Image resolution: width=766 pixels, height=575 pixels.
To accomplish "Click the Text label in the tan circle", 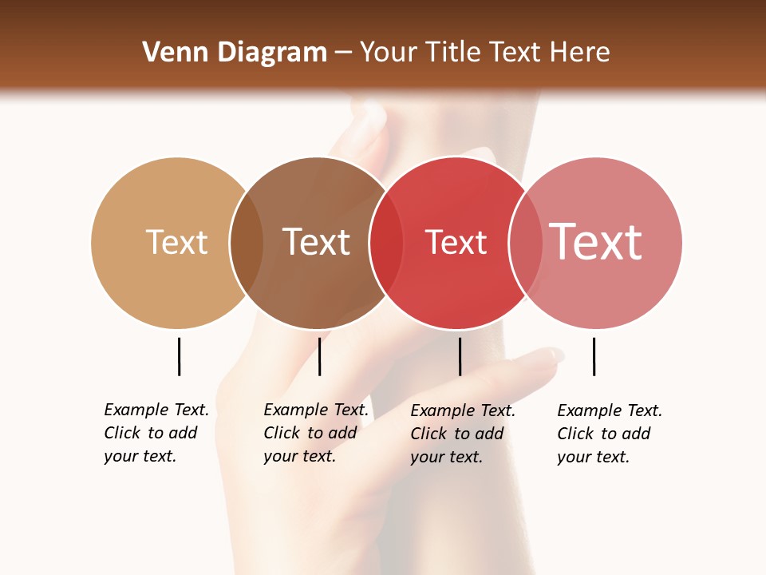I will point(176,242).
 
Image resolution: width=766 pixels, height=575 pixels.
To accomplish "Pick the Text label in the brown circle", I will point(316,242).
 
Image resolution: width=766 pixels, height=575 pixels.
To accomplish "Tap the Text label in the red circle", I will point(456,242).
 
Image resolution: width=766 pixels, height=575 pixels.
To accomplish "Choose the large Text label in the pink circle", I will point(596,242).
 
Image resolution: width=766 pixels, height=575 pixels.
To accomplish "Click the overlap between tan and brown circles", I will point(247,243).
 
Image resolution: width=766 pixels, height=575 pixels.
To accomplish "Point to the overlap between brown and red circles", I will point(386,243).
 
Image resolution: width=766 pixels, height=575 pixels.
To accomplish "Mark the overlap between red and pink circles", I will point(526,243).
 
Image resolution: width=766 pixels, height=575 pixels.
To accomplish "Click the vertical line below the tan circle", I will point(180,356).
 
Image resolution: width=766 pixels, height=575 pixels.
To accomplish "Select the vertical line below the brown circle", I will point(319,356).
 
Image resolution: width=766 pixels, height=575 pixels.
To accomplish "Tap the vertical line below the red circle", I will point(460,356).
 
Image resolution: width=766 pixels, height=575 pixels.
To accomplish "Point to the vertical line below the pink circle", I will point(594,356).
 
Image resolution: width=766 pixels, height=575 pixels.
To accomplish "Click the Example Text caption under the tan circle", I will point(156,433).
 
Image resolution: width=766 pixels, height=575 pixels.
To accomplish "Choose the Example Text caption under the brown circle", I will point(315,433).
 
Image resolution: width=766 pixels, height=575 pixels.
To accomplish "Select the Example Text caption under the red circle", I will point(462,434).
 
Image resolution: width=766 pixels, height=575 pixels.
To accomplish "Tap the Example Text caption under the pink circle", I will point(609,434).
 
